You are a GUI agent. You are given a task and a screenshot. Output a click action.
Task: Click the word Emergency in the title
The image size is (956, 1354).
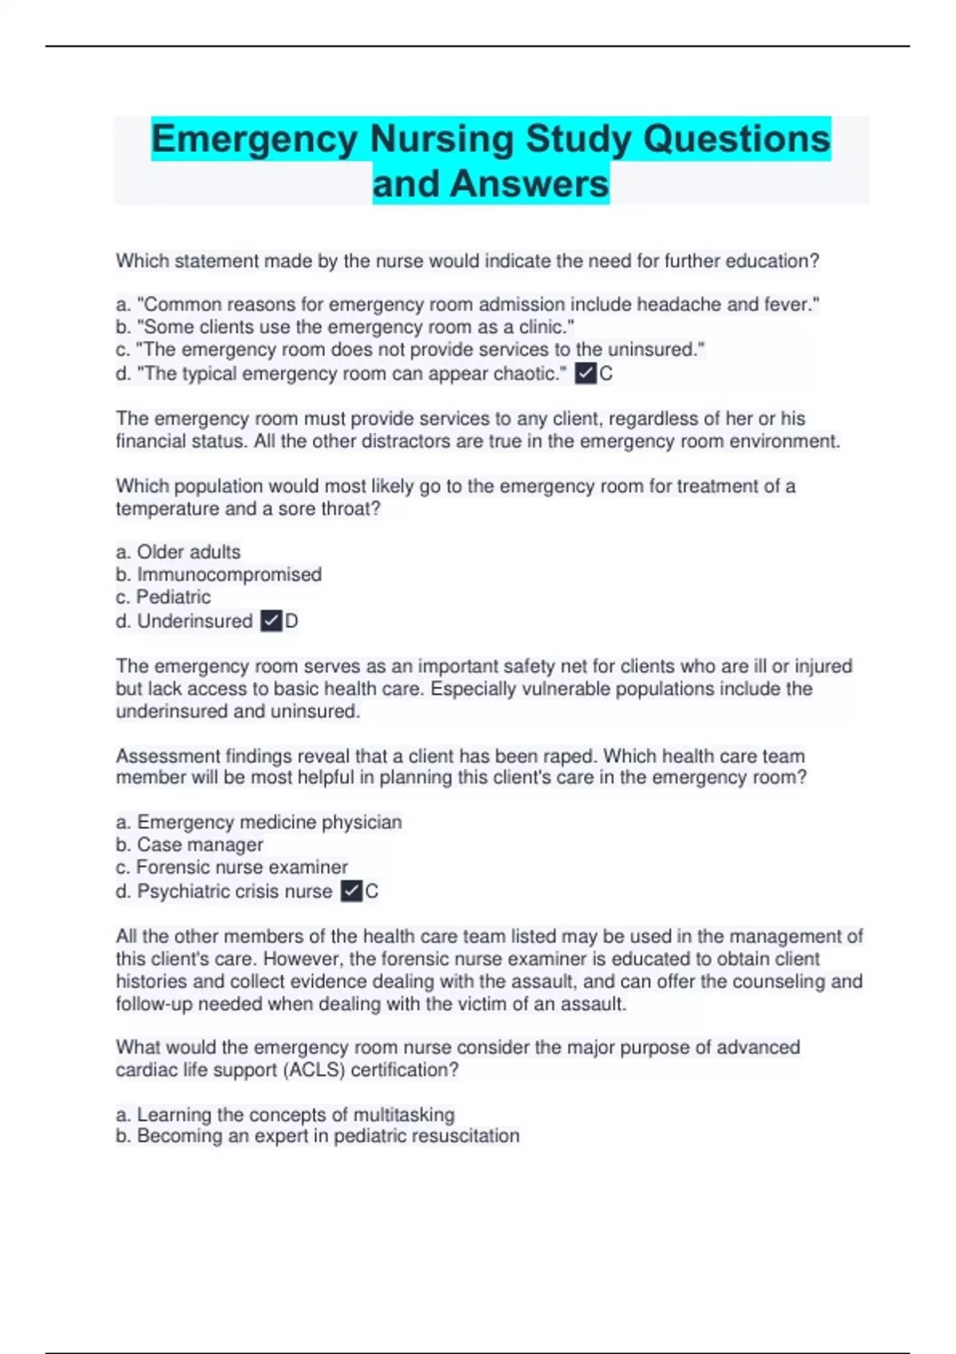click(x=255, y=139)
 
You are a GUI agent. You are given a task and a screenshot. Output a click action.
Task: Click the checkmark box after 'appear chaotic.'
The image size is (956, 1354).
click(x=586, y=373)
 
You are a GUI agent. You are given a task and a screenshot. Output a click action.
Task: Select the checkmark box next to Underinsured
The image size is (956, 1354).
click(x=272, y=620)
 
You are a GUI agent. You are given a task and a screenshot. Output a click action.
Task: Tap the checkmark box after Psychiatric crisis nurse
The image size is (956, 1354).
click(x=351, y=890)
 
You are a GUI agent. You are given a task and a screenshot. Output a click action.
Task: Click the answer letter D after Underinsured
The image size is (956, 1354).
click(x=292, y=621)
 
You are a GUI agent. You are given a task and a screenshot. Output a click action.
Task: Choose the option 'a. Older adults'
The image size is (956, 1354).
click(x=178, y=552)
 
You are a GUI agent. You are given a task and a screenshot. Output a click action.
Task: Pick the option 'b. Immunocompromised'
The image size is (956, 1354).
click(x=219, y=574)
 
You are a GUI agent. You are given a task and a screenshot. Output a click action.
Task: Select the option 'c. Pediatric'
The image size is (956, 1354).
click(x=163, y=597)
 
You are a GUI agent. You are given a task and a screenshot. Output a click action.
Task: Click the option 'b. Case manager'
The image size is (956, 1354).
click(x=190, y=844)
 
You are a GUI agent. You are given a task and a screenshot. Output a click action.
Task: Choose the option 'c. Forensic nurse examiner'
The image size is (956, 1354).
click(x=232, y=867)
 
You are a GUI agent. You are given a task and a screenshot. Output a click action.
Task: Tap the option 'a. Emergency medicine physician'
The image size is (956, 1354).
click(x=259, y=822)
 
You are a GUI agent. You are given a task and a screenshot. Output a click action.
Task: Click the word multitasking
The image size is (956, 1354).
click(x=404, y=1114)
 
